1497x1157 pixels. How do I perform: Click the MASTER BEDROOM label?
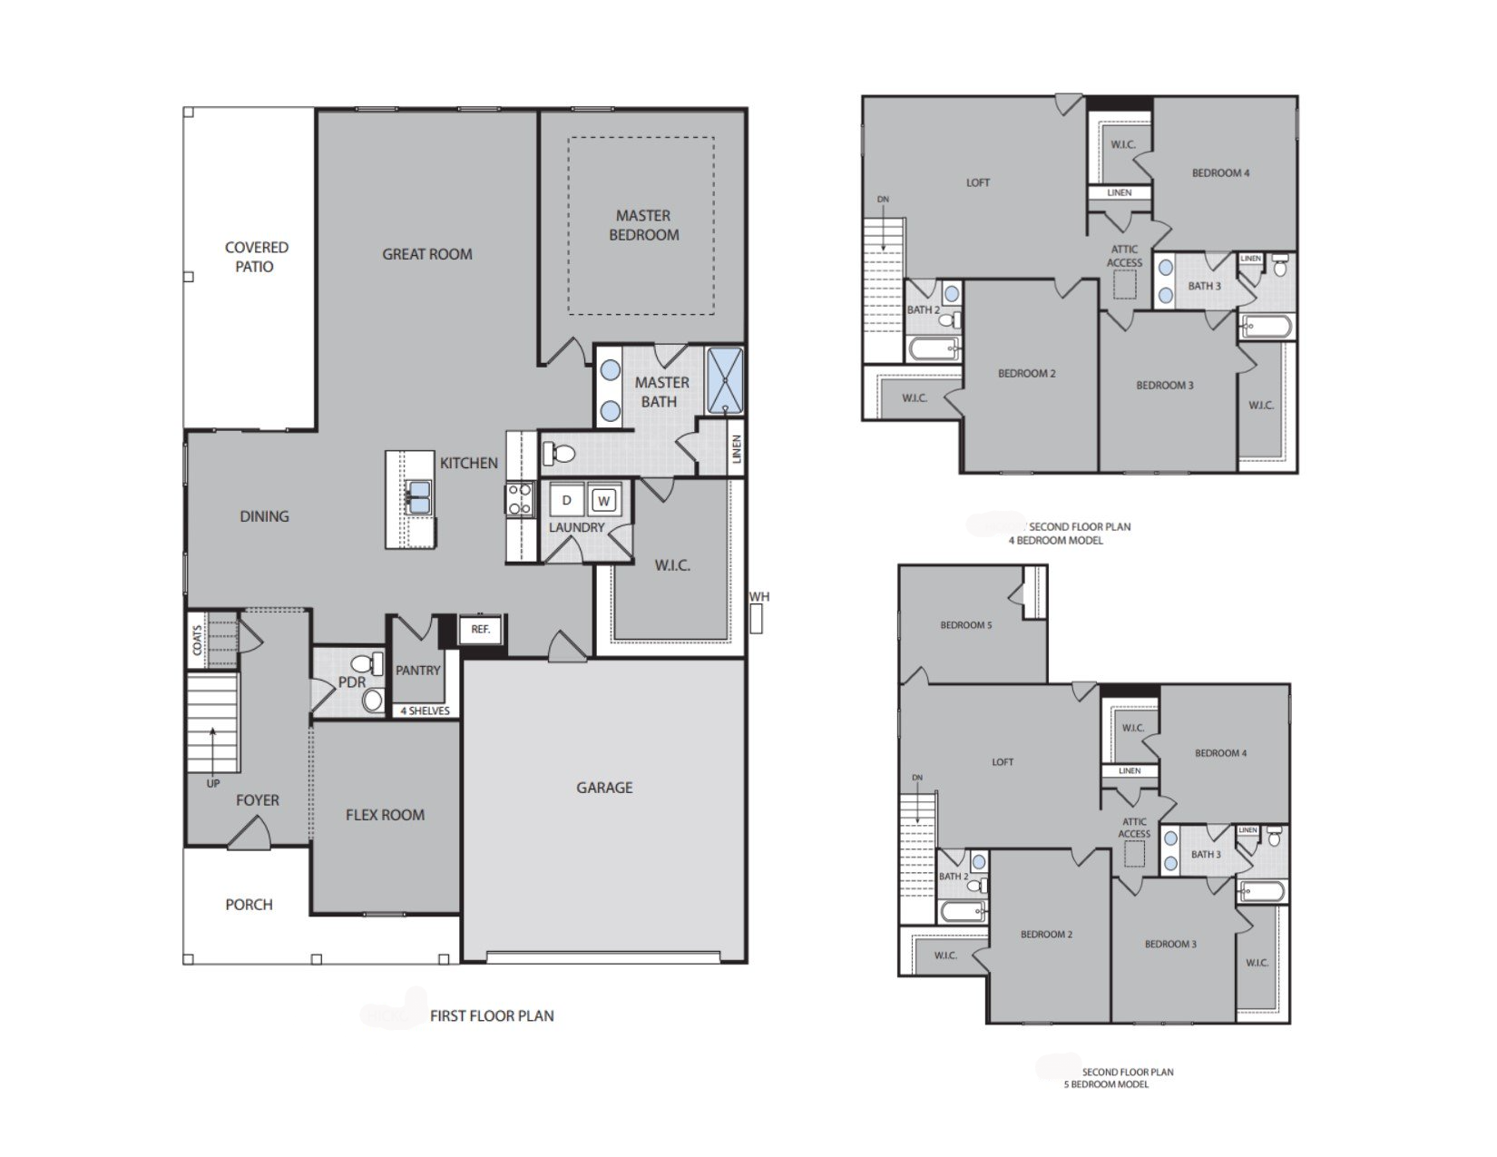click(x=643, y=225)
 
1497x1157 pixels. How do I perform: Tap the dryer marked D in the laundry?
click(x=567, y=500)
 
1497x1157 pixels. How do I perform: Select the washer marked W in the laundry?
click(x=604, y=500)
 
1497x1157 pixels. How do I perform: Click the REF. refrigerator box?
click(x=481, y=629)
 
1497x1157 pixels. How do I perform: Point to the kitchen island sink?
click(x=418, y=497)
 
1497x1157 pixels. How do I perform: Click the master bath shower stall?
click(x=724, y=380)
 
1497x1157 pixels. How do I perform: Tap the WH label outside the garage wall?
click(x=759, y=596)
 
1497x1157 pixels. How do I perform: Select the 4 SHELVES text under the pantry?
click(x=425, y=711)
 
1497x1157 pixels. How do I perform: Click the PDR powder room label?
click(x=351, y=681)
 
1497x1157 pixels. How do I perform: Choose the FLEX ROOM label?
click(x=385, y=815)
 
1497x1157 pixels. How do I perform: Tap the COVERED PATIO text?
click(x=256, y=257)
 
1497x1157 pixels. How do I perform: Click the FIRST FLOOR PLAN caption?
click(x=492, y=1015)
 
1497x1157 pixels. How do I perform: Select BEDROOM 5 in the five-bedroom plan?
click(x=965, y=625)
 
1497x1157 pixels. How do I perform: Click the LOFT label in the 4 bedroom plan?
click(x=978, y=182)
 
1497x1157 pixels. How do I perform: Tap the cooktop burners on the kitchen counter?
click(x=520, y=500)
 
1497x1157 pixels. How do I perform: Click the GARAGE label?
click(x=604, y=788)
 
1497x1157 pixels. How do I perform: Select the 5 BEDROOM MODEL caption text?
click(x=1106, y=1084)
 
